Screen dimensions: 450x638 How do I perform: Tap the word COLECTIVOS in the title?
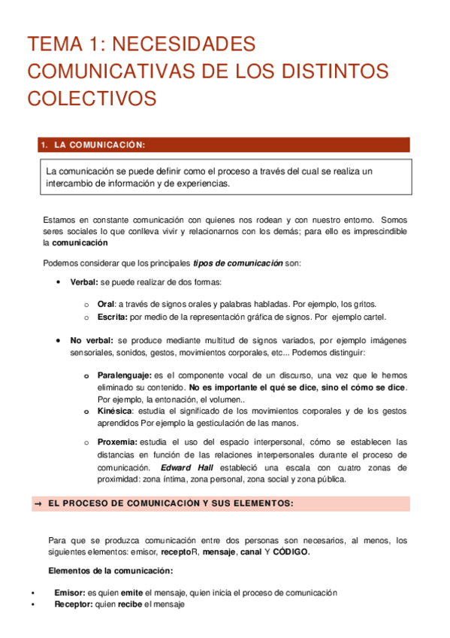click(92, 99)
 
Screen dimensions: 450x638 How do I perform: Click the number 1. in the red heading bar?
click(44, 145)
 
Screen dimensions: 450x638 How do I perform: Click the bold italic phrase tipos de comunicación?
click(237, 263)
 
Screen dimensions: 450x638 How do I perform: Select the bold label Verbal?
click(84, 281)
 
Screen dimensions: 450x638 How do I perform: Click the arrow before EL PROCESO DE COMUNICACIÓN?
click(37, 503)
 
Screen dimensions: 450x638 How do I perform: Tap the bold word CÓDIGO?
click(289, 551)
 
